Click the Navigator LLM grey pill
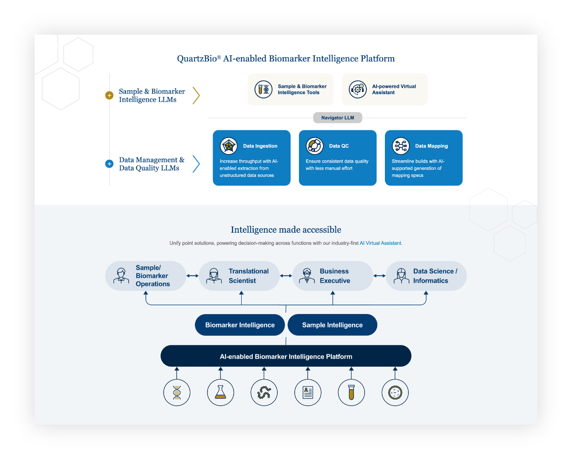[337, 118]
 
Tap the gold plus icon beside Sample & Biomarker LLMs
[109, 95]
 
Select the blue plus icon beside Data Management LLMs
[109, 163]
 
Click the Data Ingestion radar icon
[229, 146]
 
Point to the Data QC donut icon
[315, 146]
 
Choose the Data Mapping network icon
[401, 146]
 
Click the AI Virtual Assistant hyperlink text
[380, 243]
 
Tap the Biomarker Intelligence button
[240, 325]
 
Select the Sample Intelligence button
[332, 325]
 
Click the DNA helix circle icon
[177, 393]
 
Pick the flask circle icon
[220, 393]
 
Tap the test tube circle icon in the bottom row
[352, 393]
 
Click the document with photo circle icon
[308, 393]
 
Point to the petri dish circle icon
[395, 393]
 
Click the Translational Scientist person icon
[214, 276]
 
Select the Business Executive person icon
[307, 276]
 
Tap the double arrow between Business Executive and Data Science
[379, 276]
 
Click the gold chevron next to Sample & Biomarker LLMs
[196, 95]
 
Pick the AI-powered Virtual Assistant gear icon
[358, 90]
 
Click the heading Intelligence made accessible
[286, 230]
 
